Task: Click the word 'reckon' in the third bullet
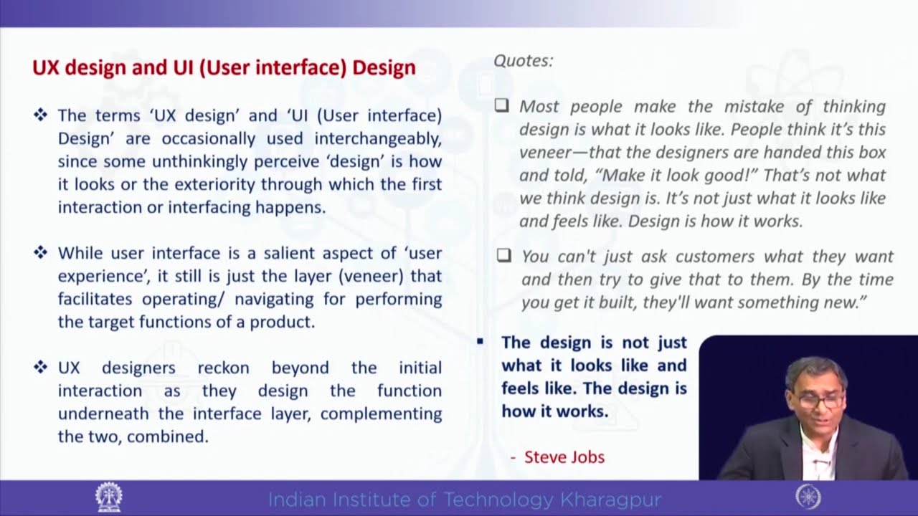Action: click(x=223, y=368)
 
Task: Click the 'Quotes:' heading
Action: click(x=523, y=61)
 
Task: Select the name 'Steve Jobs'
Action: click(x=564, y=457)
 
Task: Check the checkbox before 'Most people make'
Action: click(x=502, y=106)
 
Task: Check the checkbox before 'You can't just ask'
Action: click(x=503, y=255)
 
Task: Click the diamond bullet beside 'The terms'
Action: click(x=40, y=115)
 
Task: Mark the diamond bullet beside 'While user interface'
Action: click(x=40, y=252)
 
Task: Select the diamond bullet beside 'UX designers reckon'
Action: click(x=40, y=367)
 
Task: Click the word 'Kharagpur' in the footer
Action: click(x=612, y=499)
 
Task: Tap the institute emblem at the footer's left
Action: click(x=108, y=497)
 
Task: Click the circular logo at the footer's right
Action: click(x=808, y=497)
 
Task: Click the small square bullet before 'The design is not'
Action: click(x=481, y=342)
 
